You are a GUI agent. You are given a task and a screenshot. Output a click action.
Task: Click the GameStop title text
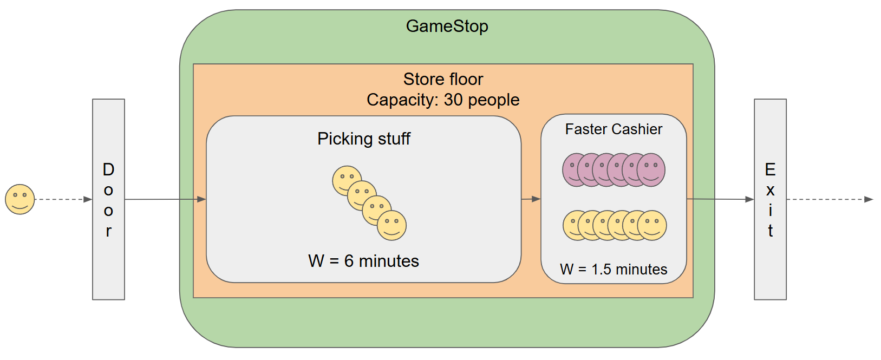click(447, 26)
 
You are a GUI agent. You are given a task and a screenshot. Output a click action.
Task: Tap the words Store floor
click(443, 79)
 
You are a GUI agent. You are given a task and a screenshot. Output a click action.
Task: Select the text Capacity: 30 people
click(443, 100)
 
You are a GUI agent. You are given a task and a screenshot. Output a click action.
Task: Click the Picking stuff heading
click(364, 139)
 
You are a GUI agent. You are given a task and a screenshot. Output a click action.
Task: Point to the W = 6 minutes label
click(363, 261)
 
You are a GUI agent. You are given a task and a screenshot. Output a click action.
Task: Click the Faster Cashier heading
click(614, 129)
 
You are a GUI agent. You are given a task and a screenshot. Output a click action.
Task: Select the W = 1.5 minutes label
click(614, 269)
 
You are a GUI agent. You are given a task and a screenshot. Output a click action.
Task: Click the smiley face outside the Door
click(20, 199)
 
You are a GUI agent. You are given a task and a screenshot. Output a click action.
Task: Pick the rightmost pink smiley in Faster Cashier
click(651, 169)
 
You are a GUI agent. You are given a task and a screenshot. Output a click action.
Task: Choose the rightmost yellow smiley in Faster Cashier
click(652, 225)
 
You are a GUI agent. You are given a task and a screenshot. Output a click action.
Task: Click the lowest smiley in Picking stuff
click(392, 226)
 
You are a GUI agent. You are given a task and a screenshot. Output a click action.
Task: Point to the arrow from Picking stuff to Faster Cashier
click(531, 199)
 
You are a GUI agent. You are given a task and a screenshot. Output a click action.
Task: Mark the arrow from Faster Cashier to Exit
click(720, 199)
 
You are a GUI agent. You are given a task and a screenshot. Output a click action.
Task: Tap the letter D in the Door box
click(108, 169)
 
